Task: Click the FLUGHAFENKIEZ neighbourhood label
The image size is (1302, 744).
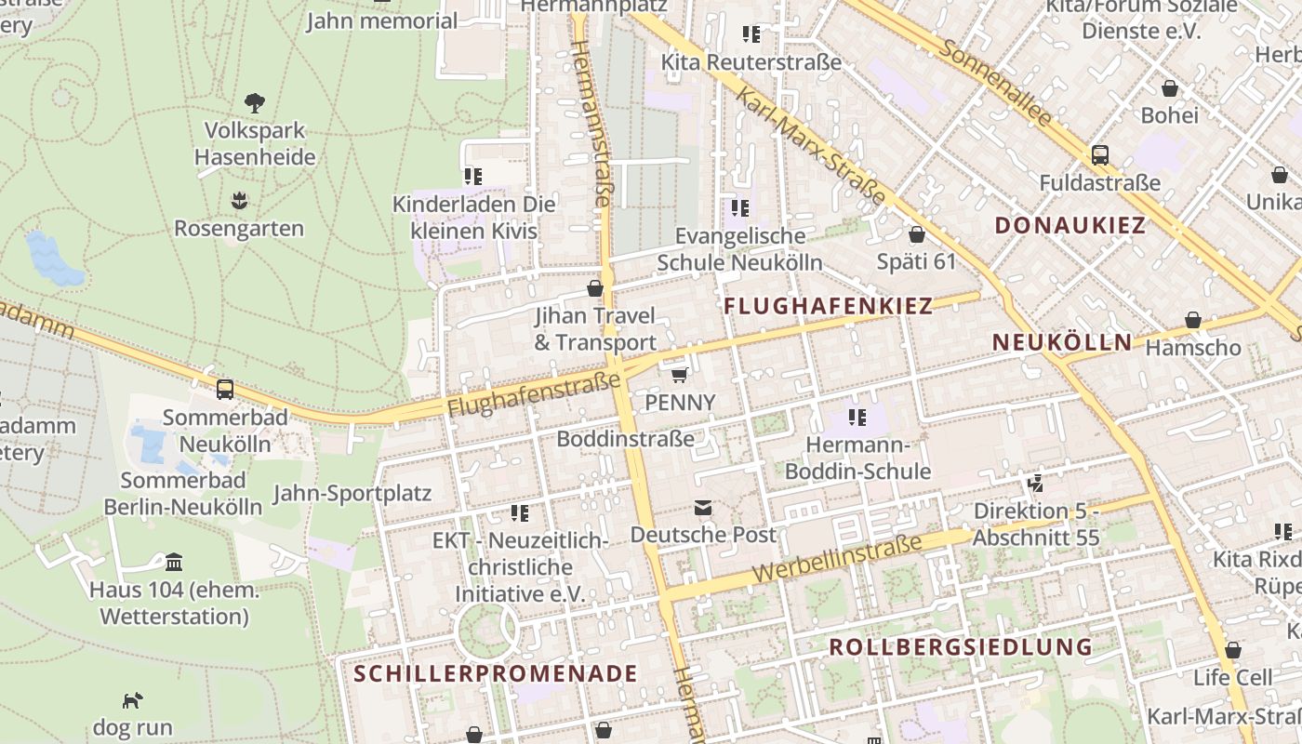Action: pyautogui.click(x=828, y=306)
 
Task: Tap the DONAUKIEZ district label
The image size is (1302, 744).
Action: pyautogui.click(x=1069, y=225)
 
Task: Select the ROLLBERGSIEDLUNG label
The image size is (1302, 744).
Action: pyautogui.click(x=960, y=646)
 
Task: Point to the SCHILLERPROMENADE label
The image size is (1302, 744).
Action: pyautogui.click(x=496, y=673)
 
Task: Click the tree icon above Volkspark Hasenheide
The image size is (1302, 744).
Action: pyautogui.click(x=255, y=102)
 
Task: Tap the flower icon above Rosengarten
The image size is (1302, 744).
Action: pyautogui.click(x=240, y=201)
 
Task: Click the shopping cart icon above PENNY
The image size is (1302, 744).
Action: pyautogui.click(x=680, y=375)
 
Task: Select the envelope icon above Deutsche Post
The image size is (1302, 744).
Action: pyautogui.click(x=703, y=508)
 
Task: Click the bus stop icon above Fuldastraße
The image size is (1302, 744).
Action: pyautogui.click(x=1100, y=154)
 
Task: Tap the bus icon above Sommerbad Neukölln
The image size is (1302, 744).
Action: pyautogui.click(x=225, y=389)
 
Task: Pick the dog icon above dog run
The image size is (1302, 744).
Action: pyautogui.click(x=133, y=699)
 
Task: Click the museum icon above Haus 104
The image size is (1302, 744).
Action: pyautogui.click(x=174, y=562)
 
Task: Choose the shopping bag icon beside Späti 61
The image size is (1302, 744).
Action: pyautogui.click(x=916, y=234)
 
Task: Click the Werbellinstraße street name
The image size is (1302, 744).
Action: pyautogui.click(x=836, y=557)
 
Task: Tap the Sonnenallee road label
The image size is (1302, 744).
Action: pyautogui.click(x=994, y=84)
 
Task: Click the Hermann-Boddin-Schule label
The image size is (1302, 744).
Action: pyautogui.click(x=857, y=458)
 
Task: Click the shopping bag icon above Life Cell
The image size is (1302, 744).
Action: pyautogui.click(x=1232, y=650)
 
